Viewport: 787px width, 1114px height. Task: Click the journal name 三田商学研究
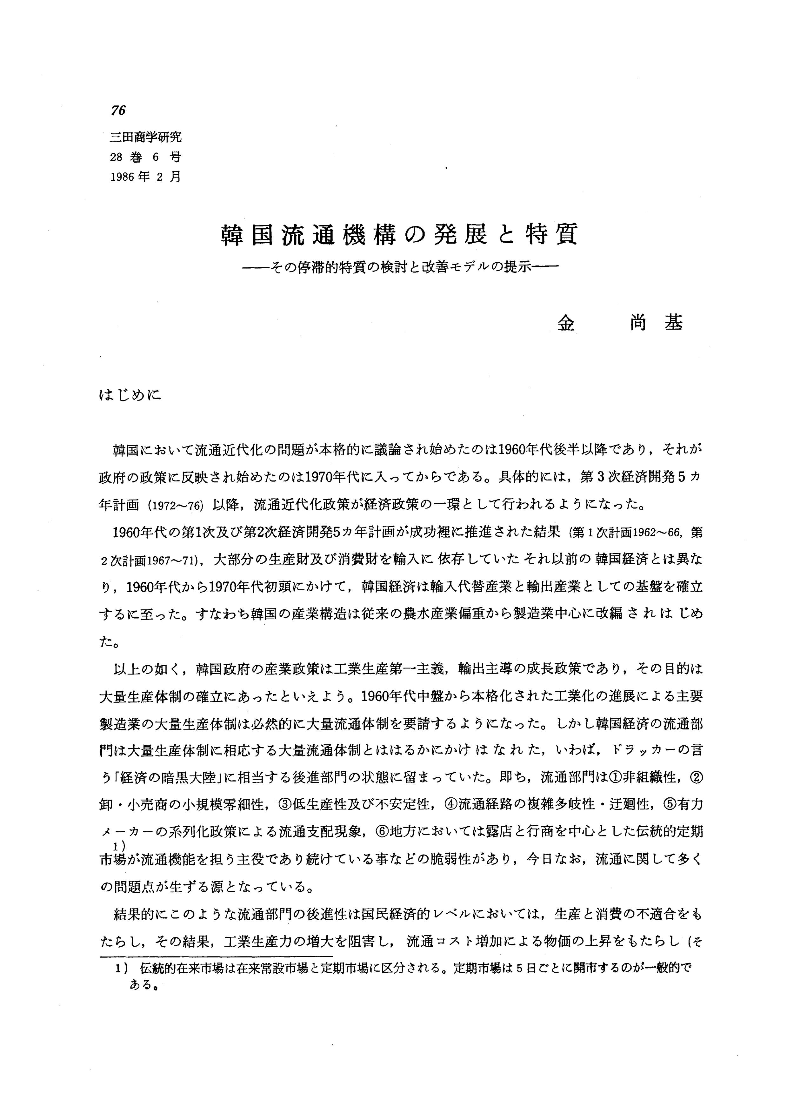(146, 137)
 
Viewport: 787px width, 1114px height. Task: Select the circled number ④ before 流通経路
(450, 804)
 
